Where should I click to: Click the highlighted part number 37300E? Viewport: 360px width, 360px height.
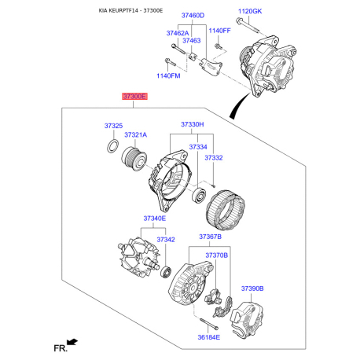click(134, 97)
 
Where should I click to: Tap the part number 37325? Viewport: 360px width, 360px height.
click(113, 126)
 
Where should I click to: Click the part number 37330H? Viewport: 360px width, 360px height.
click(192, 125)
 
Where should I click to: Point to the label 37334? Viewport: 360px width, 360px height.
click(197, 147)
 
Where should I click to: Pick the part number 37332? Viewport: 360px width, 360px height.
click(214, 158)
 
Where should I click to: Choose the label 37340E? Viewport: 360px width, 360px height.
click(154, 218)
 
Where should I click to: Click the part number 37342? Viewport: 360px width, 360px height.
click(165, 239)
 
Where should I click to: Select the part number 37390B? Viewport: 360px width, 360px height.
click(252, 288)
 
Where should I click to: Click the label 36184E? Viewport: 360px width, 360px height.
click(208, 337)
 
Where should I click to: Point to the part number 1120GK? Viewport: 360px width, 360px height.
click(251, 10)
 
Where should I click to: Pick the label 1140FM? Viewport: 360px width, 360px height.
click(168, 75)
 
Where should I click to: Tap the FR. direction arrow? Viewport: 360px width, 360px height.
click(73, 341)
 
